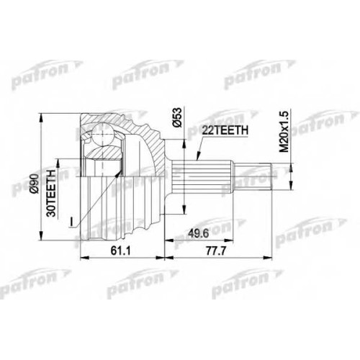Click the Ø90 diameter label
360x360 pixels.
[35, 183]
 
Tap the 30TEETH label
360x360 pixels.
[51, 193]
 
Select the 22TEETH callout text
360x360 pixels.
[225, 130]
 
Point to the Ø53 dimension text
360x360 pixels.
[176, 117]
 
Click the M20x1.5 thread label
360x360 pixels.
[284, 131]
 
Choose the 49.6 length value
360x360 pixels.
[199, 233]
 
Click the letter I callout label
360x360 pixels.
[71, 222]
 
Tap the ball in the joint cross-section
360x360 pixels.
[102, 134]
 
